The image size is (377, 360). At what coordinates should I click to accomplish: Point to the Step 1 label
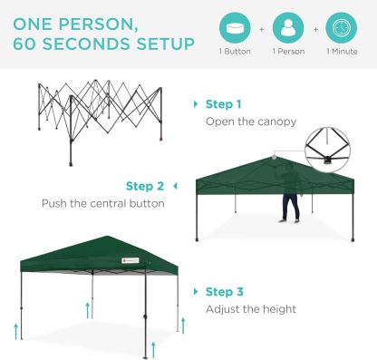point(224,104)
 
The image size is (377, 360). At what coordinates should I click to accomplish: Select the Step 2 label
point(145,187)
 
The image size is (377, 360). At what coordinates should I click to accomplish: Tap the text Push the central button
point(102,203)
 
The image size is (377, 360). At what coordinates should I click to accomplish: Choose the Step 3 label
point(224,292)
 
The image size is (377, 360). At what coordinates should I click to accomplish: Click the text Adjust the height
point(251,309)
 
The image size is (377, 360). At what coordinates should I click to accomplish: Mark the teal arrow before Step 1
point(196,104)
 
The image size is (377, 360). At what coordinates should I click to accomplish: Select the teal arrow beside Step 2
point(174,187)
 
